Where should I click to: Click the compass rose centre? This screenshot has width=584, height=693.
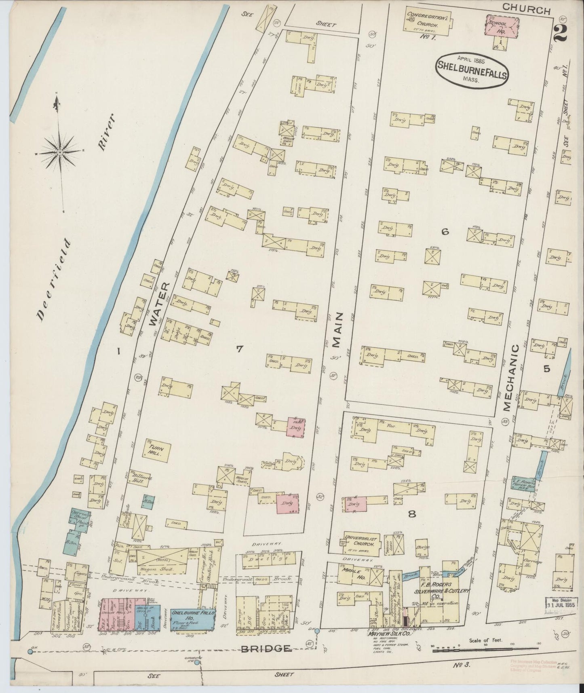(60, 152)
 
